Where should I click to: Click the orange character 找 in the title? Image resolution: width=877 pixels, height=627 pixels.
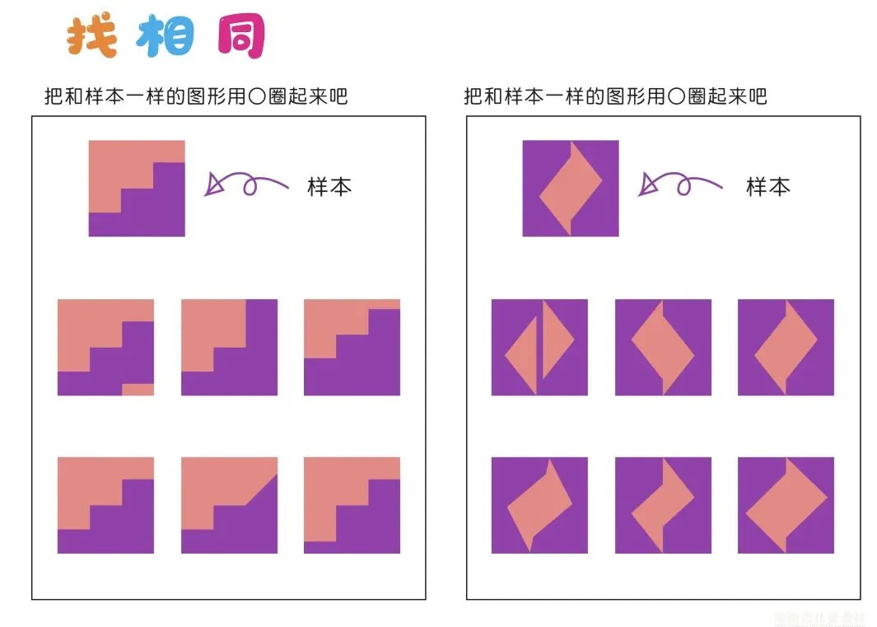[91, 36]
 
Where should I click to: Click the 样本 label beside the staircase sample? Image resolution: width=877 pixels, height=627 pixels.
[329, 186]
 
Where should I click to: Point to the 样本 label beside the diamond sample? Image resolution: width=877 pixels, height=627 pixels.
[767, 186]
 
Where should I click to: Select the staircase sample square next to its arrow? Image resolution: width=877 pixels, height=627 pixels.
[137, 189]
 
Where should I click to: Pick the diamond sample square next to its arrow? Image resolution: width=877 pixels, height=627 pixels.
[571, 189]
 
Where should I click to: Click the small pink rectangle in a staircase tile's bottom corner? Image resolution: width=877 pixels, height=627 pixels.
[138, 390]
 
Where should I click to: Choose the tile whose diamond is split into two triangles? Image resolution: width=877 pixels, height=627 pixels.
[539, 347]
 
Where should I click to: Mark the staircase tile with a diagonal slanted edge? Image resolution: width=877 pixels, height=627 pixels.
[229, 505]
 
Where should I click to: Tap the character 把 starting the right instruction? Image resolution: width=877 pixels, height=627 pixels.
[473, 96]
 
